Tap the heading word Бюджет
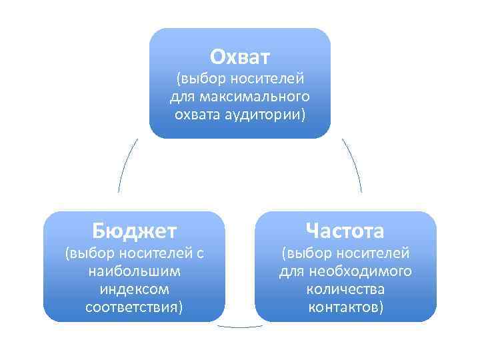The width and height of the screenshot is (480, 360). (x=135, y=231)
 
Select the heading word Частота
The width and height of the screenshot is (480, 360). (x=345, y=231)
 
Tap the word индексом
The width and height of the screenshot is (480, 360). (x=134, y=290)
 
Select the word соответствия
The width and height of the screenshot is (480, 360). (x=131, y=307)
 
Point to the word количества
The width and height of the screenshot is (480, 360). (x=345, y=290)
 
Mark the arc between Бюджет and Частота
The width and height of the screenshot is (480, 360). (x=240, y=327)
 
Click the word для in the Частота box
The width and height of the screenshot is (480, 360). (x=291, y=272)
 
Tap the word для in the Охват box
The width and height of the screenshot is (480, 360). (x=181, y=98)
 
